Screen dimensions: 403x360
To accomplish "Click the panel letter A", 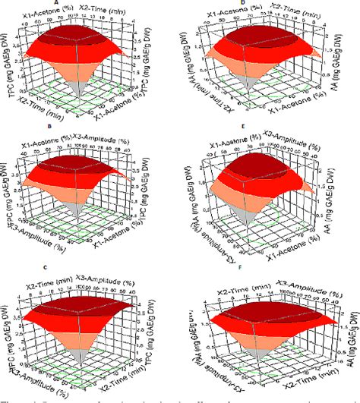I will pos(89,3).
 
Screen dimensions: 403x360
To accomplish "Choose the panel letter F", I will pos(264,267).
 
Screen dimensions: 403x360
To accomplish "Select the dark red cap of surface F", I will pos(262,300).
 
